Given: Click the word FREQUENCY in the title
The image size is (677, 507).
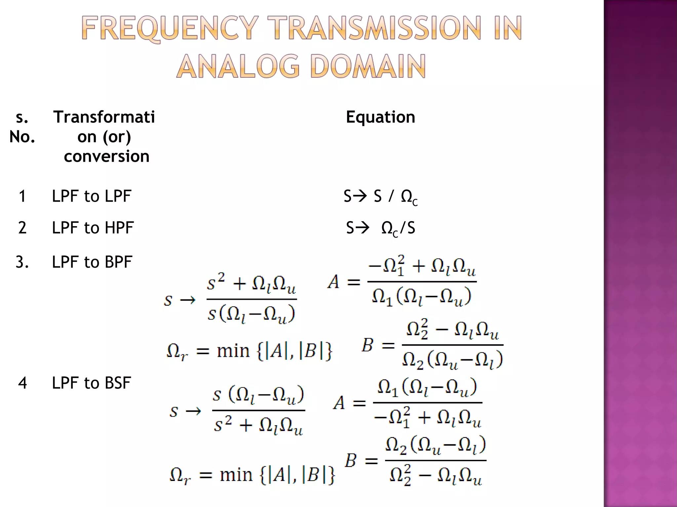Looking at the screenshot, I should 170,29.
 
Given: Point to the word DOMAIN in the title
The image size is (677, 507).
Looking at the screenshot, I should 368,67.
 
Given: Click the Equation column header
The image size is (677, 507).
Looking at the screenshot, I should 380,117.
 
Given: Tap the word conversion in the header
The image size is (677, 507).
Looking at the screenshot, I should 106,156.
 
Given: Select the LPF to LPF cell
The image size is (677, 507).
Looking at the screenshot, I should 92,196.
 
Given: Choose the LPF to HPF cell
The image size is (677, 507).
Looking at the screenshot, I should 93,228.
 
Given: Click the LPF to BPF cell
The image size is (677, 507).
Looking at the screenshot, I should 92,262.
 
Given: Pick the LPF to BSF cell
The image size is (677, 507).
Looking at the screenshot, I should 92,383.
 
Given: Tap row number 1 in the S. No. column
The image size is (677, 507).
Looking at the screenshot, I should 22,196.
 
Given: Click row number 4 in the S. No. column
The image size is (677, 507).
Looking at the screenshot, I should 22,383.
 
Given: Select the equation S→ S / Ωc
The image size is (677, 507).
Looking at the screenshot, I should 380,197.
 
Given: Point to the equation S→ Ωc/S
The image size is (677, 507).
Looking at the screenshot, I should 380,228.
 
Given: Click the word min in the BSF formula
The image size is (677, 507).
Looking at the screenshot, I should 236,475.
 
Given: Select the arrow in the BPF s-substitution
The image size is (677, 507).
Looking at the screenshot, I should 187,300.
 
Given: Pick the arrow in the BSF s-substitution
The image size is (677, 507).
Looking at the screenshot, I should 193,411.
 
